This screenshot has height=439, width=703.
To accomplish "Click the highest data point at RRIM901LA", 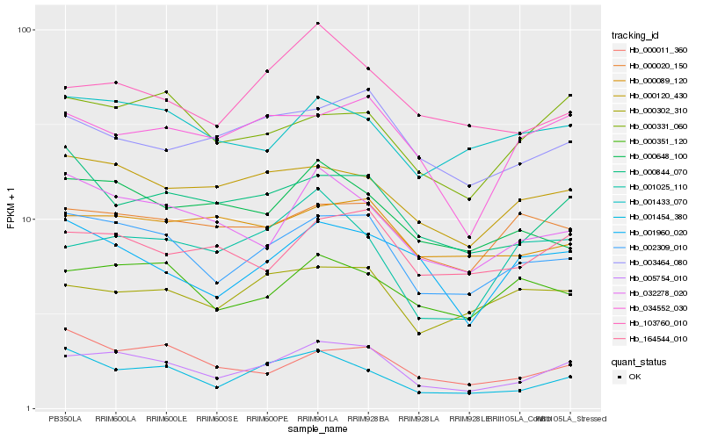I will (x=318, y=23).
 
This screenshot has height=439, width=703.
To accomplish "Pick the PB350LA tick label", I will (x=65, y=419).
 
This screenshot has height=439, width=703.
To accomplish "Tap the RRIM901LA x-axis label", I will (x=318, y=419).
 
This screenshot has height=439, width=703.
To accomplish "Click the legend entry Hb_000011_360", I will (x=652, y=50).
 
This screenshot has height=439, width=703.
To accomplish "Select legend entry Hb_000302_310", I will (x=652, y=111).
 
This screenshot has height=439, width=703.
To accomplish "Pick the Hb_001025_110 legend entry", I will (x=652, y=187).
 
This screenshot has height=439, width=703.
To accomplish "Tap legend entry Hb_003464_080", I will (x=652, y=263).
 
